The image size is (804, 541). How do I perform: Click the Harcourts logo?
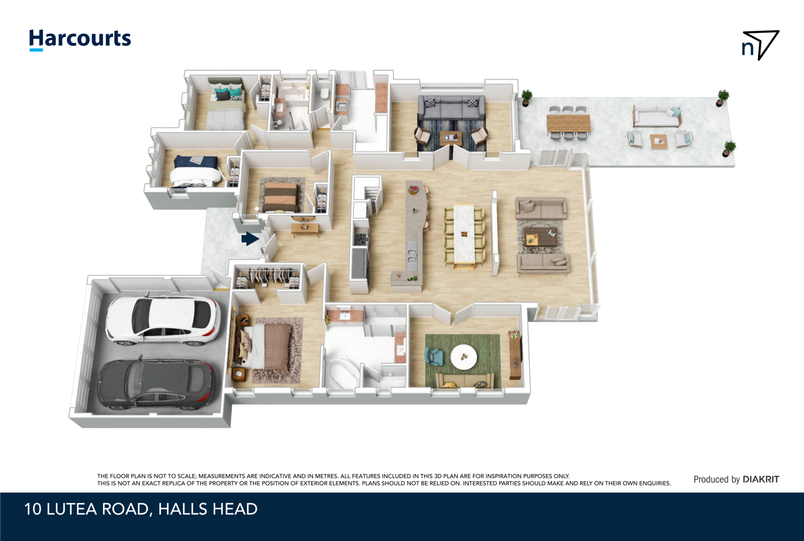tap(80, 40)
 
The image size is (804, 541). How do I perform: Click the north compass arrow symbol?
tap(760, 45)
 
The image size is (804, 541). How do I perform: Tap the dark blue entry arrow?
tap(250, 238)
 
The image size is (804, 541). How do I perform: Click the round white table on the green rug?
tap(464, 357)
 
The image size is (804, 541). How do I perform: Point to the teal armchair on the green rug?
tap(434, 357)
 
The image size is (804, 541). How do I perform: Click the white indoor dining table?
tap(464, 234)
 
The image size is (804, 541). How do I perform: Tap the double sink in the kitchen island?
tap(412, 254)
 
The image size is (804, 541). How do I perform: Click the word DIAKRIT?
tap(761, 479)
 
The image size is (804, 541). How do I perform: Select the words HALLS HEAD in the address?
tap(208, 509)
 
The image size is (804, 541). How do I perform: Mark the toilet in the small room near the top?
tap(325, 93)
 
